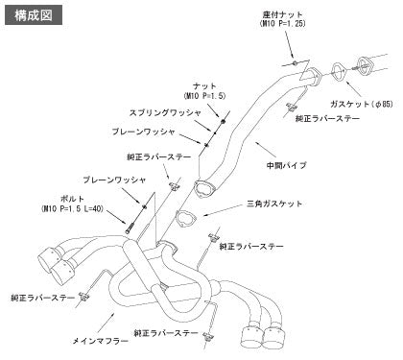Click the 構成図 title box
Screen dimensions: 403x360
click(x=34, y=15)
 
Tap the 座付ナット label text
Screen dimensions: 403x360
click(x=283, y=14)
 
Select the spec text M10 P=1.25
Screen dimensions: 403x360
click(x=283, y=24)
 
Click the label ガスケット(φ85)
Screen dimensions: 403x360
click(x=362, y=104)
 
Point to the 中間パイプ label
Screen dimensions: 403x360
click(x=287, y=165)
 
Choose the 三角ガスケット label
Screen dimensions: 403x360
click(x=274, y=204)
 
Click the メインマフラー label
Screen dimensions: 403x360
click(x=101, y=341)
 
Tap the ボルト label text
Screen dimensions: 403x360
click(x=72, y=200)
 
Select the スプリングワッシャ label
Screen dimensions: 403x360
click(x=165, y=112)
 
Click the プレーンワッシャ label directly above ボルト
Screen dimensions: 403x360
click(x=114, y=180)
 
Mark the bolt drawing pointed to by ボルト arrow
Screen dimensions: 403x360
click(x=129, y=228)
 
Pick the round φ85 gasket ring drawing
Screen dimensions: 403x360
click(x=339, y=71)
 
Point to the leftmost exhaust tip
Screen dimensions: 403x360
click(x=48, y=259)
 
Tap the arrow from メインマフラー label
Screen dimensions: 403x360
click(x=107, y=323)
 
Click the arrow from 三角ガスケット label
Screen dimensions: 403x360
click(x=222, y=210)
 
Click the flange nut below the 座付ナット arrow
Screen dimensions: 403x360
click(x=295, y=62)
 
